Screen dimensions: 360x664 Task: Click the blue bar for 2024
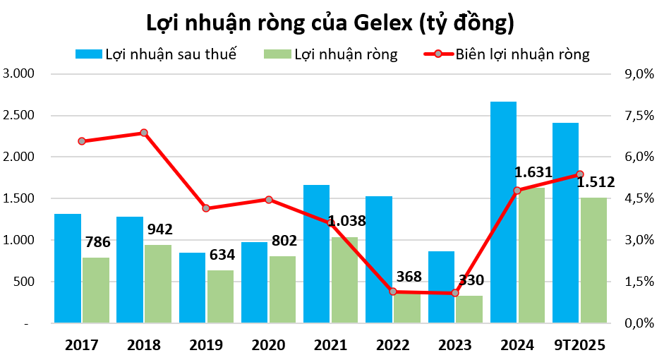coord(503,212)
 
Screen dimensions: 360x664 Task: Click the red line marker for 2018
coord(144,133)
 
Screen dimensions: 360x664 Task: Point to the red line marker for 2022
coord(393,292)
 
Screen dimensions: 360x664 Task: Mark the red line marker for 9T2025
coord(580,174)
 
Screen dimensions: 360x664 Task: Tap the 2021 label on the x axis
coord(330,345)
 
